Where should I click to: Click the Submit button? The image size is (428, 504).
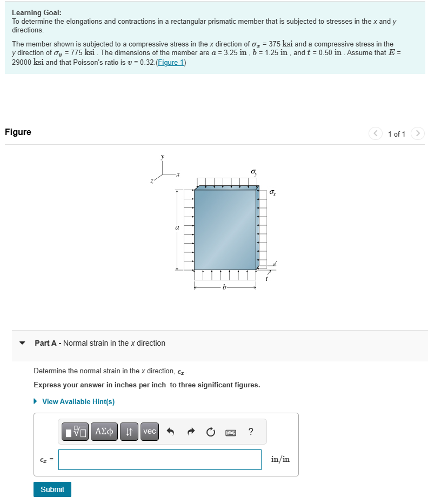click(52, 489)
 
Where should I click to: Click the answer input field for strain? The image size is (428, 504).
click(159, 460)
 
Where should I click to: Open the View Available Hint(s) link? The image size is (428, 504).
click(78, 401)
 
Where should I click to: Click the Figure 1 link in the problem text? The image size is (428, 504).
click(170, 63)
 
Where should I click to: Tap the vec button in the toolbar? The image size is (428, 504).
click(150, 431)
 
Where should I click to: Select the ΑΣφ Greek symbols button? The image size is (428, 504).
click(105, 431)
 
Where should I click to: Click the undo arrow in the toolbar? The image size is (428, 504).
click(171, 432)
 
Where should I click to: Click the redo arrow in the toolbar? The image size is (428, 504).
click(190, 432)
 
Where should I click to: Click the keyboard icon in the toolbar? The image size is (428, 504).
click(231, 432)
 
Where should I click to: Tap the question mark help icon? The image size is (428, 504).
click(250, 432)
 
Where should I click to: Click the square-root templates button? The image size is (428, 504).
click(75, 431)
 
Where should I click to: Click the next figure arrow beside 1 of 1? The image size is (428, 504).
click(417, 133)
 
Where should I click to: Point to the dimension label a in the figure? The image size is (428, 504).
click(177, 229)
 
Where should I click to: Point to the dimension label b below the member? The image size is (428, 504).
click(225, 288)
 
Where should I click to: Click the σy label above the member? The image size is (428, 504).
click(254, 172)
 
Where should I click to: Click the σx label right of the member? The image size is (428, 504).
click(272, 193)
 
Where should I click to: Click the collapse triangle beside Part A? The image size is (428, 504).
click(22, 343)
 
